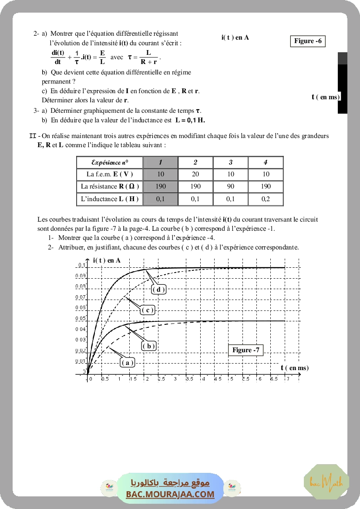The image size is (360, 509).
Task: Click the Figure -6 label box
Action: [x=308, y=41]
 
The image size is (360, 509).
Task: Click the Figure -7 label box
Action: [x=246, y=350]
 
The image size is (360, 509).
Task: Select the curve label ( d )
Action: [x=159, y=290]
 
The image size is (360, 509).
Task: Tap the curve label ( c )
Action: [x=148, y=310]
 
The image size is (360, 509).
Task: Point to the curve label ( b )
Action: [x=148, y=346]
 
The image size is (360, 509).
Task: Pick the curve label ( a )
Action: [x=127, y=362]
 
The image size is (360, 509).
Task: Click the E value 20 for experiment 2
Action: [x=195, y=174]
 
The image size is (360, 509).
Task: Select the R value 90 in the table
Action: [x=231, y=186]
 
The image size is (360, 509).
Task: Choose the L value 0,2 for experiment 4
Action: [x=266, y=199]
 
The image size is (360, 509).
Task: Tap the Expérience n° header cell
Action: [x=110, y=162]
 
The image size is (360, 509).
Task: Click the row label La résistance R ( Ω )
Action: [x=110, y=186]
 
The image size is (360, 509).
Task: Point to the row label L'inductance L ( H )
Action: [x=110, y=199]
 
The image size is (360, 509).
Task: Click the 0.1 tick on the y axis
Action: [x=81, y=266]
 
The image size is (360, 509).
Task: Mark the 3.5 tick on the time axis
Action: [x=190, y=379]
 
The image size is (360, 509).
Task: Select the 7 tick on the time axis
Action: [x=286, y=379]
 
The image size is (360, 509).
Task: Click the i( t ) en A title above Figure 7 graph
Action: [x=107, y=260]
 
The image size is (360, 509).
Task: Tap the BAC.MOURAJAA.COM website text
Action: [x=170, y=494]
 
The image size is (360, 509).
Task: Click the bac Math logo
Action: [x=326, y=482]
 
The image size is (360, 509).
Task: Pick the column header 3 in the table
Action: [x=231, y=162]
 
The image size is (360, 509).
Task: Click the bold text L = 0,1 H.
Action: [x=190, y=120]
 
